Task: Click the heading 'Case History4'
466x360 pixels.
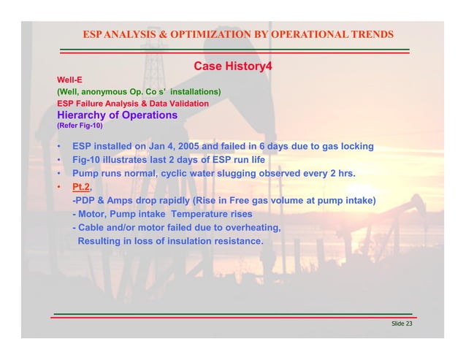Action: (x=233, y=68)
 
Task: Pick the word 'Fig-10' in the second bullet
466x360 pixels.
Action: (x=87, y=160)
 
